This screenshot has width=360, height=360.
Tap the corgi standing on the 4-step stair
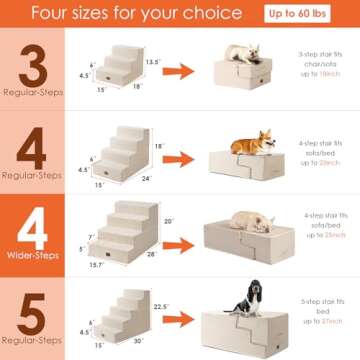tap(252, 141)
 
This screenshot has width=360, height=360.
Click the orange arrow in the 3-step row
tap(179, 72)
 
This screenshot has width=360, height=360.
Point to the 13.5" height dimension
tap(151, 62)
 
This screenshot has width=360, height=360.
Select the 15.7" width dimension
tap(97, 265)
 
